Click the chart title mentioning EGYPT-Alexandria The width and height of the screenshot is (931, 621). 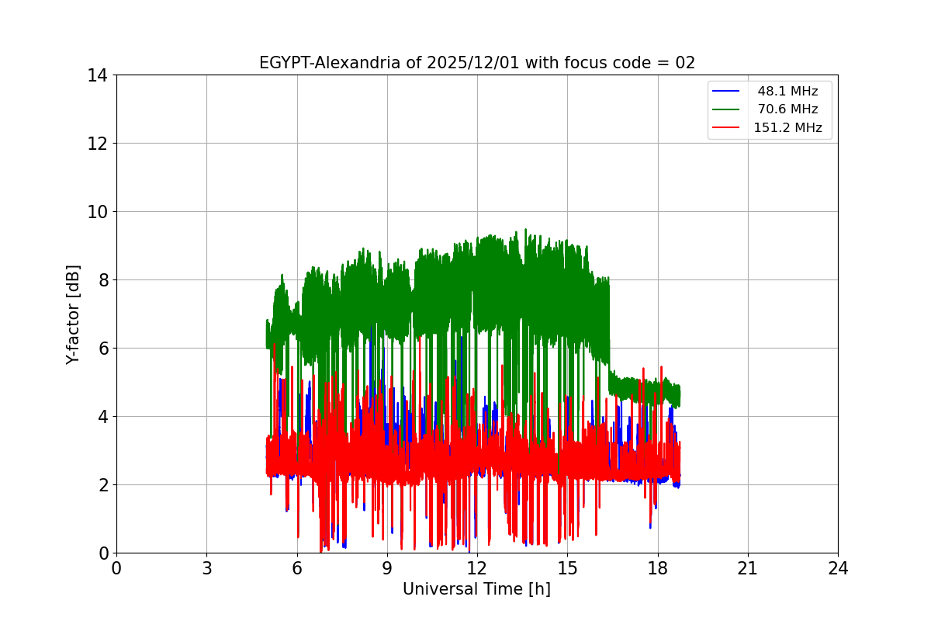(x=476, y=63)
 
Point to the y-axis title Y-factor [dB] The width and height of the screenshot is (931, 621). (x=73, y=314)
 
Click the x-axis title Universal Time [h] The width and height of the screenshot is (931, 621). (x=476, y=589)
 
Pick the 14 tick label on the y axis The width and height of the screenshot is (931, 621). (x=97, y=75)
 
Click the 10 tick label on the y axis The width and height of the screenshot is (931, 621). (x=97, y=212)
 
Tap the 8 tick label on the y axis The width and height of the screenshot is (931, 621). (x=102, y=280)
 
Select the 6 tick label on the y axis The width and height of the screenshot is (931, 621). (x=102, y=349)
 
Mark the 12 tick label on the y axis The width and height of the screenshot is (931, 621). (x=97, y=144)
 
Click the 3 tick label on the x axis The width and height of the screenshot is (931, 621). (x=206, y=568)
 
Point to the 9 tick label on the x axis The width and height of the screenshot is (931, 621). (x=387, y=568)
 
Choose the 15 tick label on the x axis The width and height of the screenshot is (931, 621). (x=567, y=568)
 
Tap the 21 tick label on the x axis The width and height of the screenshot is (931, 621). (x=748, y=568)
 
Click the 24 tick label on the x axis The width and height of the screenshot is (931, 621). (x=838, y=568)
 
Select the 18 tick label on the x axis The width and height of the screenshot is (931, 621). (x=658, y=568)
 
